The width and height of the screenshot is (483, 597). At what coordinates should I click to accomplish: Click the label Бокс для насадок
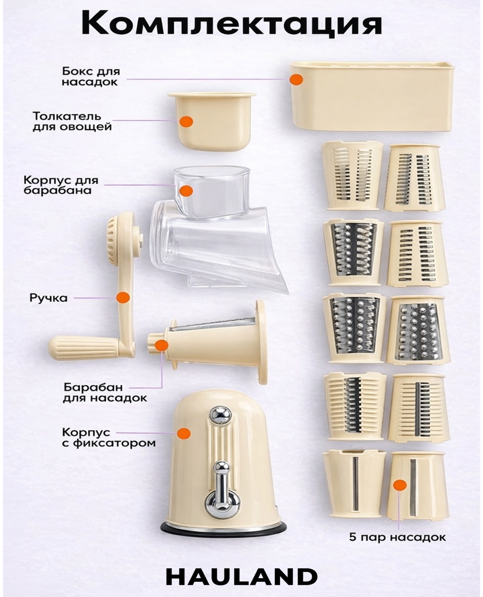(x=91, y=76)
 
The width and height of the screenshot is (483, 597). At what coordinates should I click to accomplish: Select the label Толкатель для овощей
(x=72, y=121)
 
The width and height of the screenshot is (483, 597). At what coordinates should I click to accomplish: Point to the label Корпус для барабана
(x=61, y=185)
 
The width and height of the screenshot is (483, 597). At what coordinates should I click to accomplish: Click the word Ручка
(x=48, y=298)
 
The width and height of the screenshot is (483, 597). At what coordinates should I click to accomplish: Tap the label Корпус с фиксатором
(x=109, y=437)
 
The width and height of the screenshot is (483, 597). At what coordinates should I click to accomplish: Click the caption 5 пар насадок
(x=397, y=538)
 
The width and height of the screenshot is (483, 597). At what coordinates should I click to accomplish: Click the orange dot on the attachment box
(x=297, y=80)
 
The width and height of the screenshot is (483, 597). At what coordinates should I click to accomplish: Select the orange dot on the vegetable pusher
(x=186, y=121)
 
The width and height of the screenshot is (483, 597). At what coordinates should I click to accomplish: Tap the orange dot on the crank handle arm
(x=123, y=297)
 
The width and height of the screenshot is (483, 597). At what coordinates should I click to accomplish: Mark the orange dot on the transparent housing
(x=186, y=191)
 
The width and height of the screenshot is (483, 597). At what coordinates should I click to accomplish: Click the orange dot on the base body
(x=184, y=433)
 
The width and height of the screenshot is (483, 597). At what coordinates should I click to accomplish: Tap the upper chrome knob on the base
(x=221, y=415)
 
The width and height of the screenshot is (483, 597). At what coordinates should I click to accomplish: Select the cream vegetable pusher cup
(x=212, y=121)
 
